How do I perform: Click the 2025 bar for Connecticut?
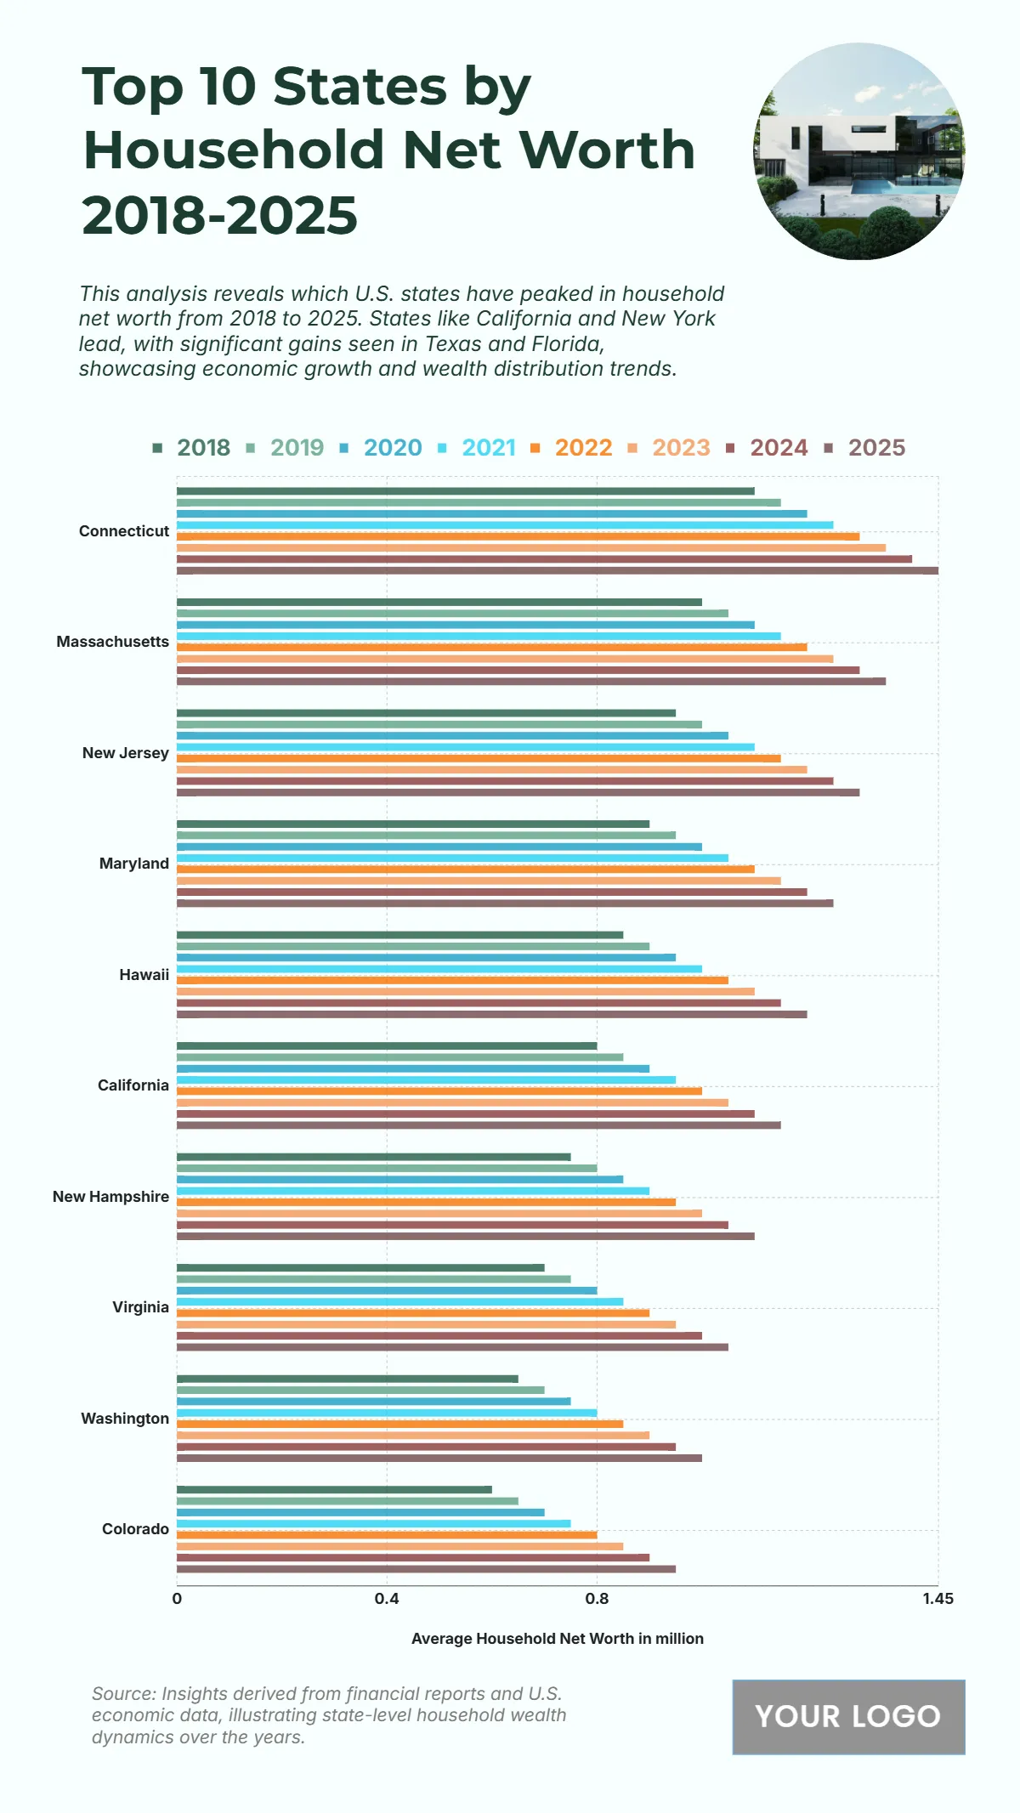[x=558, y=570]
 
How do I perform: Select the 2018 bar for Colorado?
[x=334, y=1489]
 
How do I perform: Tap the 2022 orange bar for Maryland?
[x=466, y=869]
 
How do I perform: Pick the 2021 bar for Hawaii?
[x=439, y=969]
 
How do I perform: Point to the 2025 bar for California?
[x=479, y=1125]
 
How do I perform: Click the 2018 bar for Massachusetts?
[x=439, y=602]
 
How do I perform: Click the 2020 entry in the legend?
[x=392, y=448]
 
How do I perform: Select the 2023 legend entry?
[x=680, y=448]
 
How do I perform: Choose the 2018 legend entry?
[x=203, y=448]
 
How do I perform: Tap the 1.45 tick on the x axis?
[x=938, y=1599]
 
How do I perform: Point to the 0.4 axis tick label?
[x=387, y=1599]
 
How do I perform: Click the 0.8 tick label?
[x=597, y=1599]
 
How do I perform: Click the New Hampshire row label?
[x=110, y=1197]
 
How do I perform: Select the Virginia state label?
[x=140, y=1307]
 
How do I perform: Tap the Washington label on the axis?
[x=125, y=1419]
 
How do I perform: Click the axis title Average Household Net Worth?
[x=557, y=1639]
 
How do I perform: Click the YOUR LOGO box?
[x=848, y=1717]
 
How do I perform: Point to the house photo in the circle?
[x=858, y=151]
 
